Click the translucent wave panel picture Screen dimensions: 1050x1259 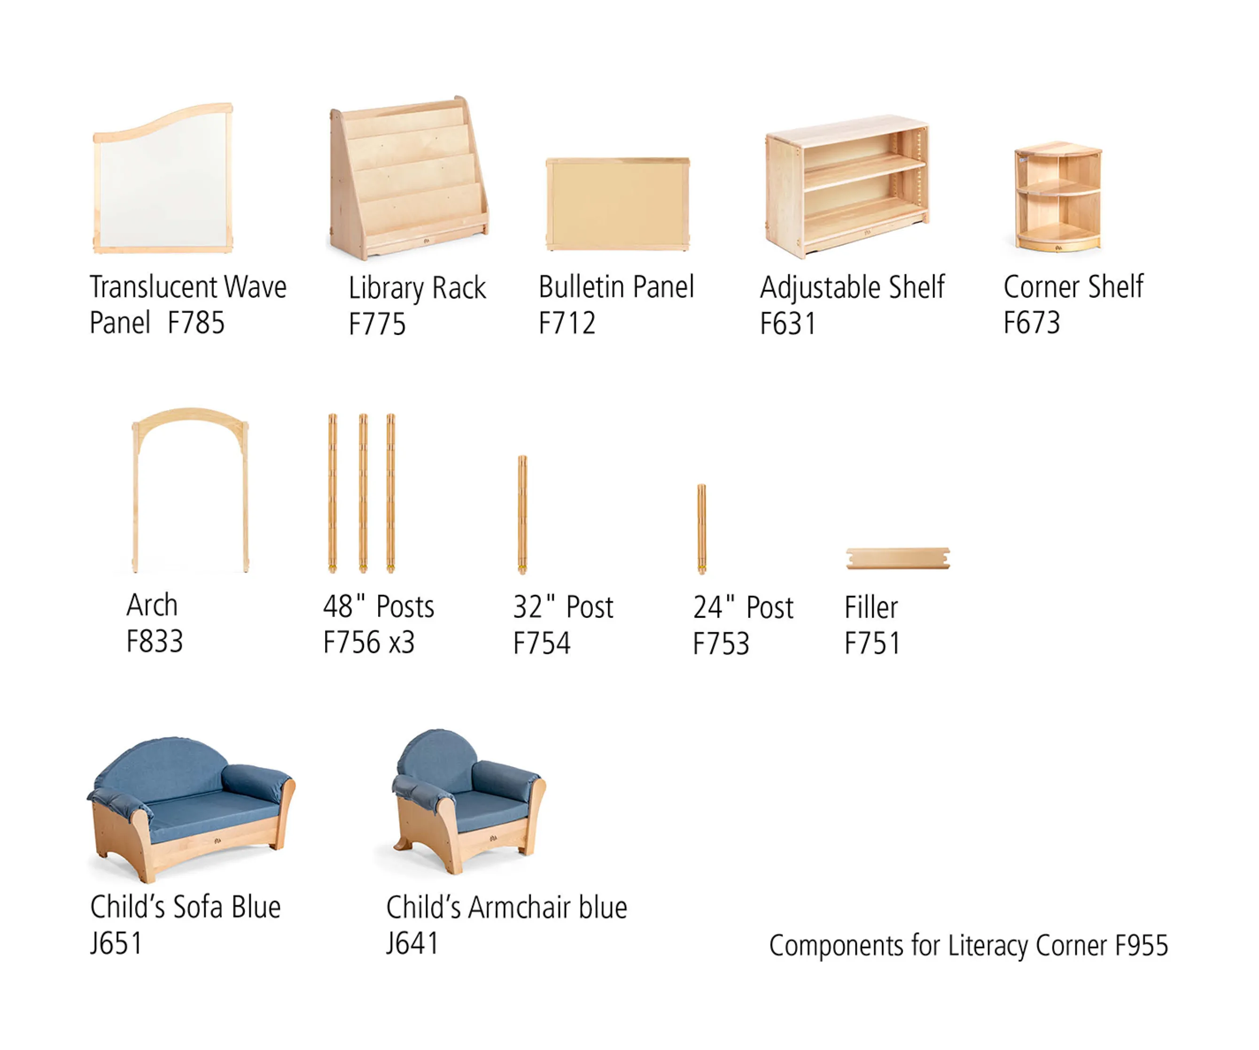pyautogui.click(x=163, y=180)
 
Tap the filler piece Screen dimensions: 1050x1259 pyautogui.click(x=897, y=558)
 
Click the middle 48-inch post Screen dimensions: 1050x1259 pyautogui.click(x=363, y=492)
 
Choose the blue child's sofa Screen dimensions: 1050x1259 pyautogui.click(x=191, y=809)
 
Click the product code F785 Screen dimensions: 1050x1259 pyautogui.click(x=196, y=323)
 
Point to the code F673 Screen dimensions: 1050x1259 pyautogui.click(x=1031, y=323)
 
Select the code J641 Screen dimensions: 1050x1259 pyautogui.click(x=412, y=943)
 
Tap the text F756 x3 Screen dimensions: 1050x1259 pyautogui.click(x=369, y=642)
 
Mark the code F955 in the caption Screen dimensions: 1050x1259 pyautogui.click(x=1141, y=946)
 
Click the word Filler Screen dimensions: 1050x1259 pyautogui.click(x=871, y=607)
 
